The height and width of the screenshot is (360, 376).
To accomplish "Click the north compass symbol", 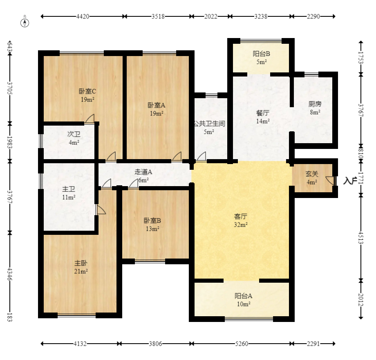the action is (x=25, y=22).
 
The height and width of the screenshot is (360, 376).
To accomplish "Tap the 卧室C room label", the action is (x=87, y=91).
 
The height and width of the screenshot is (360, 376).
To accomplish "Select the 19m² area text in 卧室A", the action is (x=157, y=113).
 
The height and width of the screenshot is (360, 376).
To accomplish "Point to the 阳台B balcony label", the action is (x=262, y=54).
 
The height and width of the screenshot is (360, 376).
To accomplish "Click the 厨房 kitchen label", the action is (x=315, y=104).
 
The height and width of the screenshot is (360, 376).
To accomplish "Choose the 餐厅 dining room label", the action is (x=262, y=113).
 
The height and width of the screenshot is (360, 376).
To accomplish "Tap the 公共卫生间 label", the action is (x=209, y=124).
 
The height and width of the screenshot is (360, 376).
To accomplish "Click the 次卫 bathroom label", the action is (x=74, y=134).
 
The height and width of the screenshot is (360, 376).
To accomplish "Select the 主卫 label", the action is (x=69, y=189).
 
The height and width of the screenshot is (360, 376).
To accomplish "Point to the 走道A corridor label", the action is (x=143, y=172).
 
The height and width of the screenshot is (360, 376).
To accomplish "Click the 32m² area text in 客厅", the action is (x=241, y=225).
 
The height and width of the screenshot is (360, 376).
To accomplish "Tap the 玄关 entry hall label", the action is (x=312, y=174).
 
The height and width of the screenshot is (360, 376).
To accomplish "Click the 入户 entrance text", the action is (x=350, y=180).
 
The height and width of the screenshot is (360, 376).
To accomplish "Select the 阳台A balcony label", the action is (x=244, y=296).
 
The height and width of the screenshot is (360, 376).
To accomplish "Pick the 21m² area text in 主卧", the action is (x=81, y=272).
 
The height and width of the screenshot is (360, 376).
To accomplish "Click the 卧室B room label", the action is (x=152, y=220).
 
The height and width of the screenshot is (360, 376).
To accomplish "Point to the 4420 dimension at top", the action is (x=83, y=16).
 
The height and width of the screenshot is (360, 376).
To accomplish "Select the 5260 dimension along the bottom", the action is (x=242, y=344).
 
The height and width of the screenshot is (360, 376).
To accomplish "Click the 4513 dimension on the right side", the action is (x=361, y=238).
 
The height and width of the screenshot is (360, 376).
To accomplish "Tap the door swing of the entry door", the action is (x=329, y=180).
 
